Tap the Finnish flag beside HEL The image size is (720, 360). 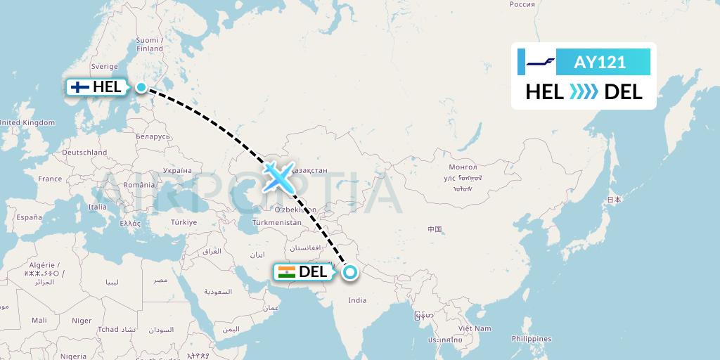click(x=80, y=87)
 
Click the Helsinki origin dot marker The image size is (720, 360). click(x=141, y=87)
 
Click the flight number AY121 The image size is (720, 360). click(x=600, y=63)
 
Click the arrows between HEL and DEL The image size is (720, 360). click(x=584, y=92)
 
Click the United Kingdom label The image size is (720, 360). click(x=27, y=122)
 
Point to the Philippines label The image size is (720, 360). click(x=530, y=339)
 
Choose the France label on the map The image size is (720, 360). click(x=50, y=179)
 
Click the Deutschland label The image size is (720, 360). click(x=84, y=152)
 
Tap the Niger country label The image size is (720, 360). click(x=82, y=321)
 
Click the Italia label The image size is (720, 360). click(x=98, y=207)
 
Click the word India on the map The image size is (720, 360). click(x=357, y=300)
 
